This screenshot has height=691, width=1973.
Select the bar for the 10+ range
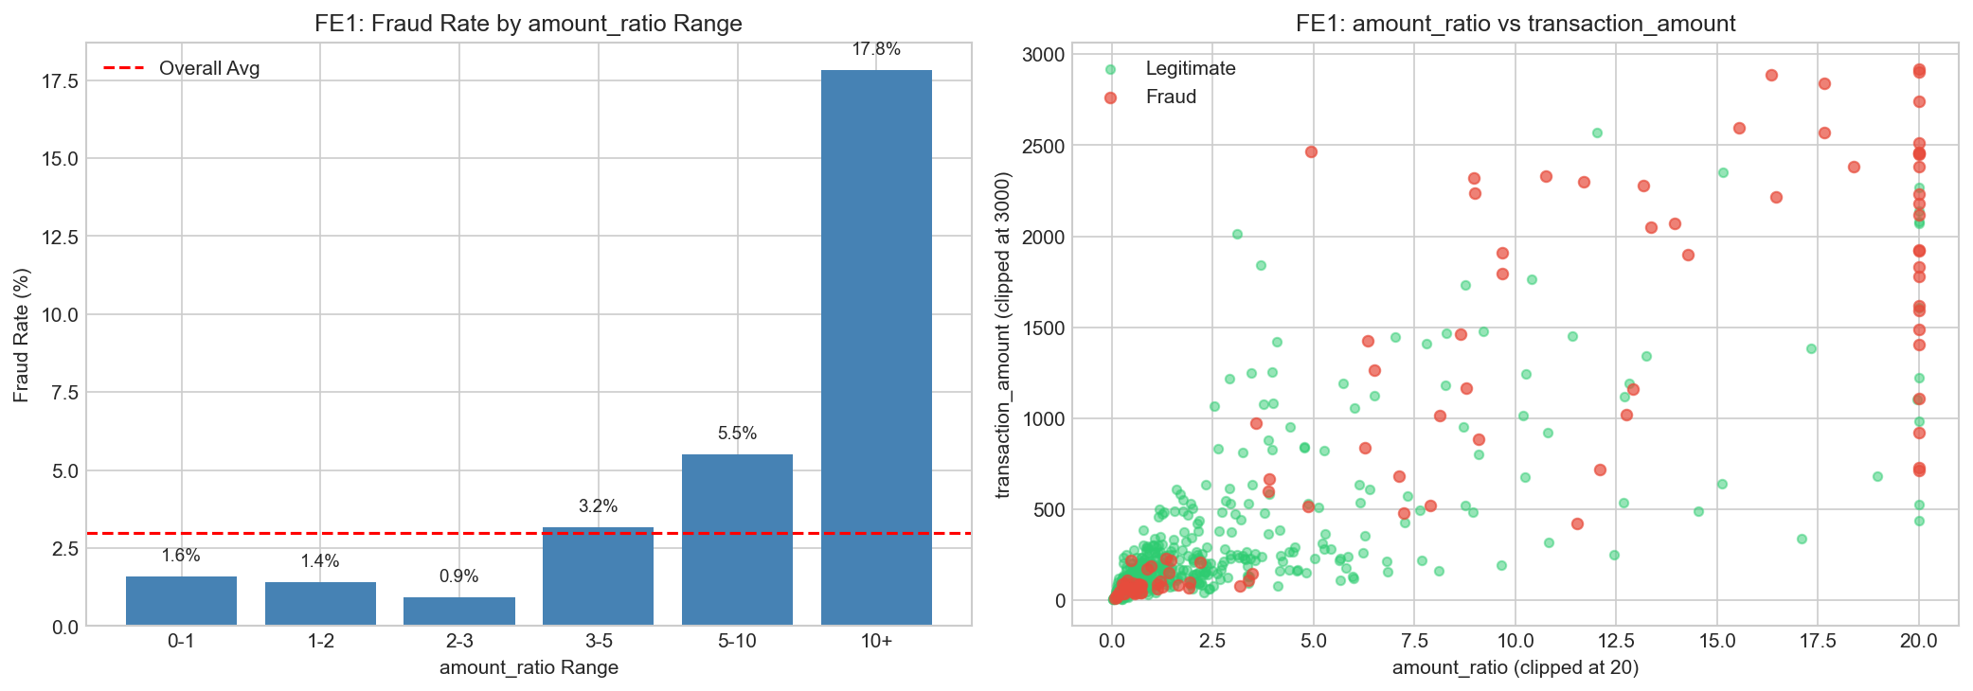click(876, 347)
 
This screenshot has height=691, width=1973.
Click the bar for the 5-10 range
click(737, 540)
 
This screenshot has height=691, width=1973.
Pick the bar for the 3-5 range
click(598, 576)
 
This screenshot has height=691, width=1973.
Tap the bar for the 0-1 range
click(181, 601)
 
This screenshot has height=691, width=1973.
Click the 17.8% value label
click(876, 49)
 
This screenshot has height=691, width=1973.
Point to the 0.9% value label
click(458, 576)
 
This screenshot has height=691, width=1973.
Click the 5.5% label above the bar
click(737, 434)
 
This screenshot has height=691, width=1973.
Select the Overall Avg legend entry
click(181, 68)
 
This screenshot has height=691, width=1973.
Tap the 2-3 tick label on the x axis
click(459, 642)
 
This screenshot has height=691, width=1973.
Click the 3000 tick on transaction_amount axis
click(1044, 55)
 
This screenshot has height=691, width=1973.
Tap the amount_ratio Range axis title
click(529, 668)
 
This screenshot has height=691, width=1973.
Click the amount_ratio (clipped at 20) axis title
click(1516, 668)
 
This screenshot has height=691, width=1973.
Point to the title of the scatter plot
click(1516, 24)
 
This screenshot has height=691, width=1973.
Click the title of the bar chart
click(529, 24)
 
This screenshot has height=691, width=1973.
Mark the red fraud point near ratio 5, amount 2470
click(1311, 151)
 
